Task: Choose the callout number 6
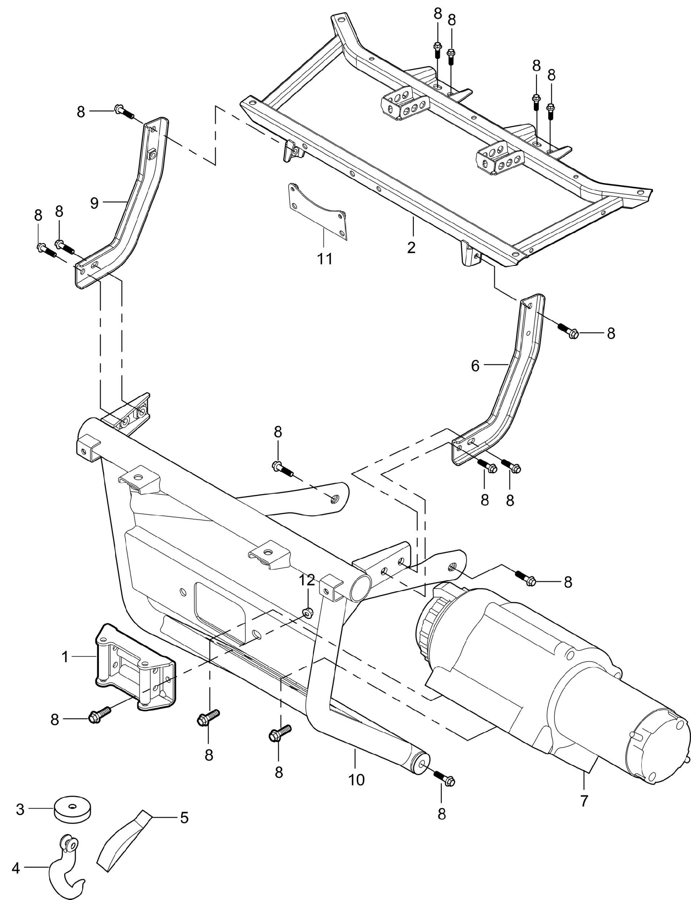pos(475,366)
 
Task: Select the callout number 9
pos(95,203)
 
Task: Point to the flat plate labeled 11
pos(317,212)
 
